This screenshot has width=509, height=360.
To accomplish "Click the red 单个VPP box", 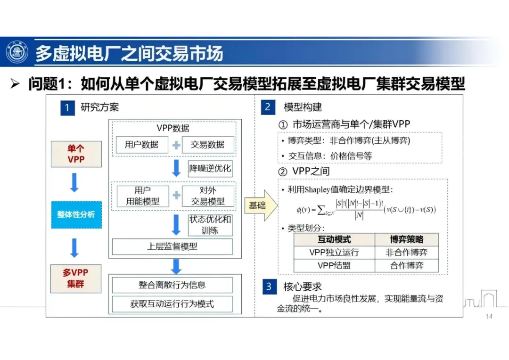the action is [76, 154].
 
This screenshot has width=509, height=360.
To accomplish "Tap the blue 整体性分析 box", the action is [76, 214].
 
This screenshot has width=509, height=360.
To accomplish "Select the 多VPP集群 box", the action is [76, 278].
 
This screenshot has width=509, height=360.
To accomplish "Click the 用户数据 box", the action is [141, 145].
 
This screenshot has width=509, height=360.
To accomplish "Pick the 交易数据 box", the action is [208, 145].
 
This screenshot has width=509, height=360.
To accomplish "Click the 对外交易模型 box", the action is [208, 196].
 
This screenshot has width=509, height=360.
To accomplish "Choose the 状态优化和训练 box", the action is [210, 225].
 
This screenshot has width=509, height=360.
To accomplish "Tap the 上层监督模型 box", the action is [172, 246].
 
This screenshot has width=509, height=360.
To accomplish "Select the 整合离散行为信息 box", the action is [172, 285].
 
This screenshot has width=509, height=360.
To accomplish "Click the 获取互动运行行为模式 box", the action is [172, 304].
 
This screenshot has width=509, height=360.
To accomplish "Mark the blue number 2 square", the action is [268, 107].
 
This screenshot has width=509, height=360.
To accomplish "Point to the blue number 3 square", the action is [268, 286].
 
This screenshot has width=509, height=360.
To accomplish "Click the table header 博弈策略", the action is [406, 239].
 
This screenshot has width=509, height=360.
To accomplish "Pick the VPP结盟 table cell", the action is [334, 265].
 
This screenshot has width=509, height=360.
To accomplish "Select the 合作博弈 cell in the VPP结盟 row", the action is [406, 265].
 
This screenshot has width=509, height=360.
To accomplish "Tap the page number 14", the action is [489, 317].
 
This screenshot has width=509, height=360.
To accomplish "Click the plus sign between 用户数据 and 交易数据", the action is [176, 145].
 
